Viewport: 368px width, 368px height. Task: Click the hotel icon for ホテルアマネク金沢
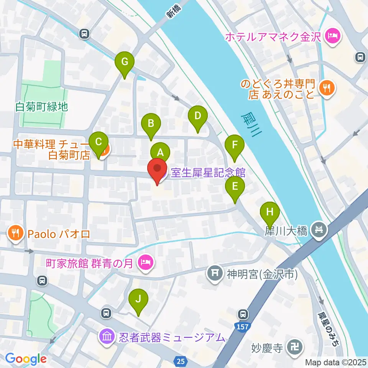pyautogui.click(x=330, y=37)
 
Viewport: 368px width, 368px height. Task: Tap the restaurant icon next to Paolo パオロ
pyautogui.click(x=15, y=233)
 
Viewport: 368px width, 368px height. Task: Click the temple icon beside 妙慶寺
pyautogui.click(x=296, y=348)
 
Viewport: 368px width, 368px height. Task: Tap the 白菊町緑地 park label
pyautogui.click(x=42, y=107)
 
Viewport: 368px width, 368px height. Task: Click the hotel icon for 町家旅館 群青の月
pyautogui.click(x=146, y=263)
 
